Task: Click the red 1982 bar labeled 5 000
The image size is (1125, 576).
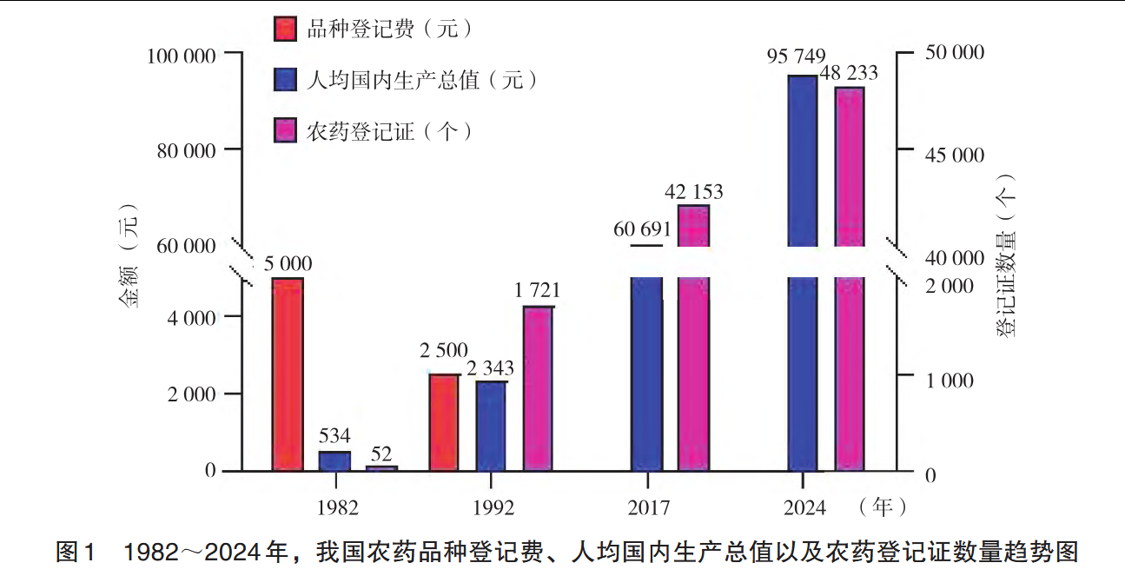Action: tap(288, 374)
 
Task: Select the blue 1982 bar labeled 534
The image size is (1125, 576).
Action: tap(334, 461)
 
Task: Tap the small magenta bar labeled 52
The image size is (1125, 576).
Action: tap(381, 468)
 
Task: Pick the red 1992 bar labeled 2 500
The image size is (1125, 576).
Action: tap(444, 422)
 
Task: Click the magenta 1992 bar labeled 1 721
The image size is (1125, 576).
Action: tap(538, 388)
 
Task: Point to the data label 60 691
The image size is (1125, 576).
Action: tap(643, 230)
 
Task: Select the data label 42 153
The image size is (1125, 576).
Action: tap(693, 191)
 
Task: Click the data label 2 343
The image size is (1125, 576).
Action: tap(491, 369)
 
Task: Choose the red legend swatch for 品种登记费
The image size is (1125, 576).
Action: tap(286, 29)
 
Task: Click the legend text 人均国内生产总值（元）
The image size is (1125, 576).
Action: tap(423, 80)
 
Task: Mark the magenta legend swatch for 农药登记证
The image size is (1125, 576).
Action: tap(286, 130)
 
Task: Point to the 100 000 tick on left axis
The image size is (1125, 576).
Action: tap(182, 56)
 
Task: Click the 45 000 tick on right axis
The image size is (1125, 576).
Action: tap(952, 156)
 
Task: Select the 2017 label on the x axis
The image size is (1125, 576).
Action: tap(647, 507)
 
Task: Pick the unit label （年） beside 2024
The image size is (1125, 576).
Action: tap(882, 506)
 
